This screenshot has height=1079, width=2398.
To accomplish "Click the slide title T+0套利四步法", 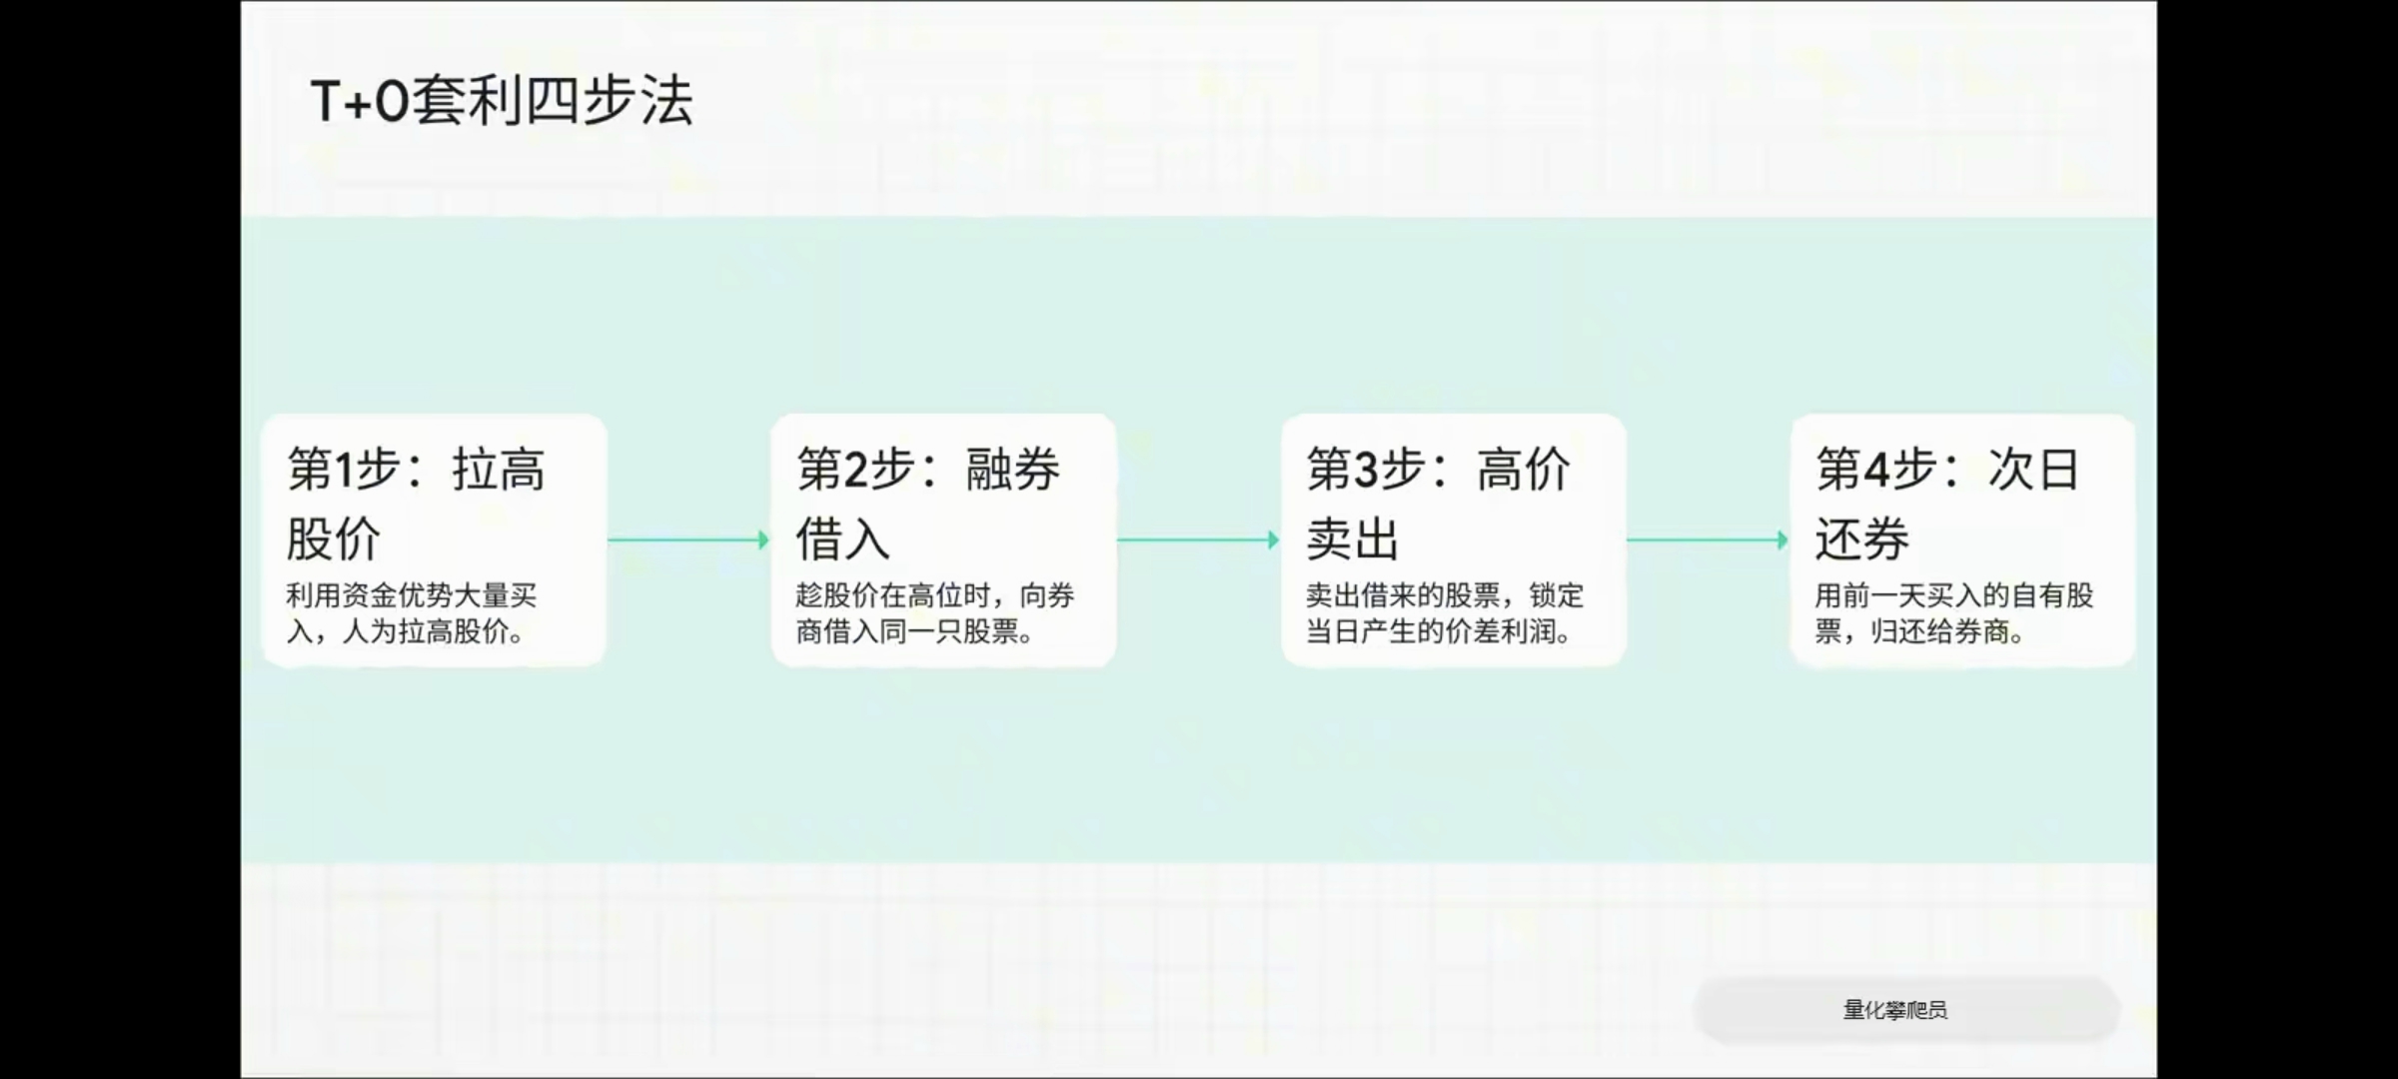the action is (502, 101).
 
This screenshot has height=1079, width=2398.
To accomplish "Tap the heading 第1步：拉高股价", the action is (416, 504).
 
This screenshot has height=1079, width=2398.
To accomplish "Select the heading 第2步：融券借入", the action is (928, 504).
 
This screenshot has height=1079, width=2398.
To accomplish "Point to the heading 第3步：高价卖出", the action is (1439, 504).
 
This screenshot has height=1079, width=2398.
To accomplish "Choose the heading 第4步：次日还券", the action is (1947, 504).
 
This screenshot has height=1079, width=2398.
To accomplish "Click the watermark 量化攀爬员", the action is (1895, 1010).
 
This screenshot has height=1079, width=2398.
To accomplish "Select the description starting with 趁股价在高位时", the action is (935, 613).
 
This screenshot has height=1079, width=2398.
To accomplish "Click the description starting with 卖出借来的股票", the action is (1445, 613).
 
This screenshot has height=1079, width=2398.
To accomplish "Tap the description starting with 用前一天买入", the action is (1954, 613).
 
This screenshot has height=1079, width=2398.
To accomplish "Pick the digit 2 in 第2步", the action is (856, 470).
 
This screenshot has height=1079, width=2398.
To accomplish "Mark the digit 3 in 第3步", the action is (1366, 470).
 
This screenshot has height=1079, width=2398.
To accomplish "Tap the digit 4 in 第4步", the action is (1875, 470).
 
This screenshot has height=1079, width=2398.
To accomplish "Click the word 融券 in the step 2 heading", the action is (1013, 470).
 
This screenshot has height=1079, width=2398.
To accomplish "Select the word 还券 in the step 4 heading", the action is (1862, 539).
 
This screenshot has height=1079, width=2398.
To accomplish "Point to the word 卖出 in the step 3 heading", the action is (1353, 539).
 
